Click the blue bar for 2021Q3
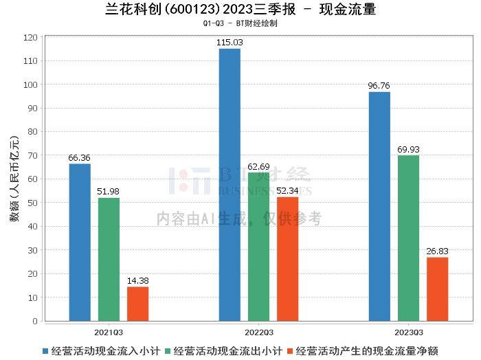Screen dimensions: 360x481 tap(80, 242)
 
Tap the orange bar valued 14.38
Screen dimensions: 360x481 tap(137, 303)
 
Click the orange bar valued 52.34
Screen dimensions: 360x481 tap(287, 258)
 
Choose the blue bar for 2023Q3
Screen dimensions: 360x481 tap(379, 206)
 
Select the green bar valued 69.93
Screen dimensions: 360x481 tap(408, 238)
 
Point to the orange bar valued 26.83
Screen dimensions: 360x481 tap(437, 289)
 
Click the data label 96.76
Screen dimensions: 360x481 tap(379, 86)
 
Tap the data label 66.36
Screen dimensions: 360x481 tap(80, 158)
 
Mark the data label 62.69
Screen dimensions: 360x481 tap(258, 166)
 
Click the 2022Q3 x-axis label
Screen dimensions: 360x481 tap(258, 332)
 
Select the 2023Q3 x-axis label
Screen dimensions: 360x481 tap(408, 332)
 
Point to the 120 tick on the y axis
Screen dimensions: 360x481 tap(32, 38)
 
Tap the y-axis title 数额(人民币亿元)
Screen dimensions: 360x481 tap(13, 179)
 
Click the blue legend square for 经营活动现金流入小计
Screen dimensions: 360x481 tap(45, 350)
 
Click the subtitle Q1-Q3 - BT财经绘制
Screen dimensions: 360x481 tap(240, 23)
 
